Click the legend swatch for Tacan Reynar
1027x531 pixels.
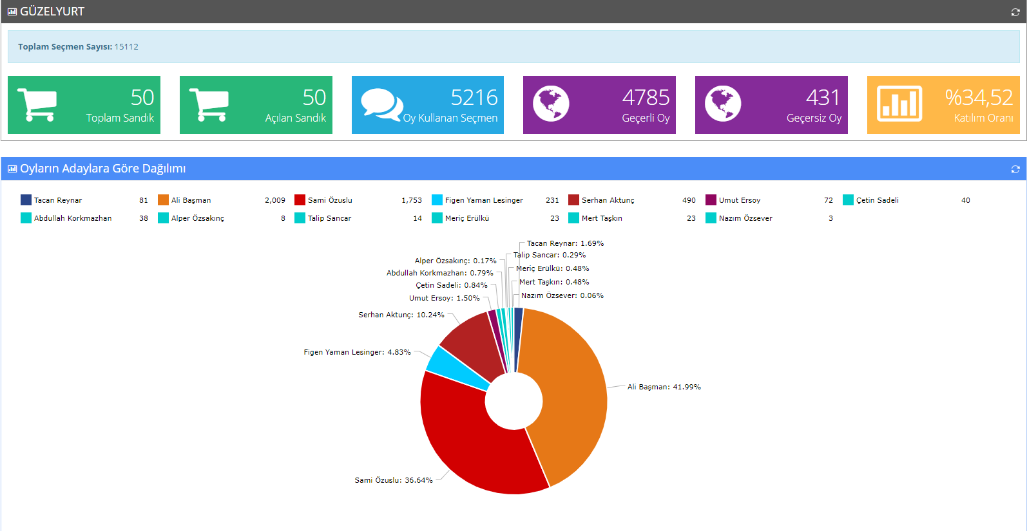pyautogui.click(x=26, y=200)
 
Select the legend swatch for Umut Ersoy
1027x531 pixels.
pyautogui.click(x=711, y=200)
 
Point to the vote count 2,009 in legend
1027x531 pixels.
pyautogui.click(x=274, y=200)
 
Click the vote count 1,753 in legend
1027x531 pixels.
pyautogui.click(x=411, y=200)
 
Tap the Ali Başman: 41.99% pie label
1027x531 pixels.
pyautogui.click(x=664, y=387)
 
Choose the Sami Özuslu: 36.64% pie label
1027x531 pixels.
pyautogui.click(x=393, y=480)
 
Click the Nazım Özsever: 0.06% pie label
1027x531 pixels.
pyautogui.click(x=562, y=295)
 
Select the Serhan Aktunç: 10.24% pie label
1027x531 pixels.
pyautogui.click(x=401, y=315)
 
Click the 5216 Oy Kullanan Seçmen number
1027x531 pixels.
pyautogui.click(x=474, y=97)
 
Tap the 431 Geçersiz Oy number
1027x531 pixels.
pyautogui.click(x=823, y=97)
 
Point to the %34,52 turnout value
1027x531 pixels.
pyautogui.click(x=978, y=97)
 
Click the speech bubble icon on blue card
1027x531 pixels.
pyautogui.click(x=381, y=104)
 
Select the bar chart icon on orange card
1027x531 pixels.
pyautogui.click(x=899, y=104)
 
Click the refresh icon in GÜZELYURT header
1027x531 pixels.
pyautogui.click(x=1015, y=12)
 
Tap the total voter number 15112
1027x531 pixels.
pyautogui.click(x=126, y=46)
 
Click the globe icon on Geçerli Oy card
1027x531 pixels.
pyautogui.click(x=551, y=104)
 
